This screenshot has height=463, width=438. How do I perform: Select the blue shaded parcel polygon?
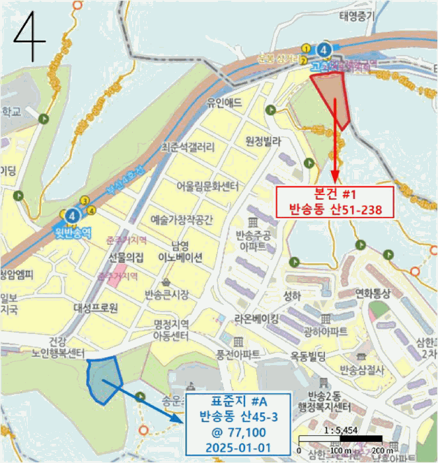103,380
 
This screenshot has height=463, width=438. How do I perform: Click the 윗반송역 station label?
72,232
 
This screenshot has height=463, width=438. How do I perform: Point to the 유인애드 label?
225,103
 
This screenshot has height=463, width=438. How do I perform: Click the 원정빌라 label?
264,140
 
